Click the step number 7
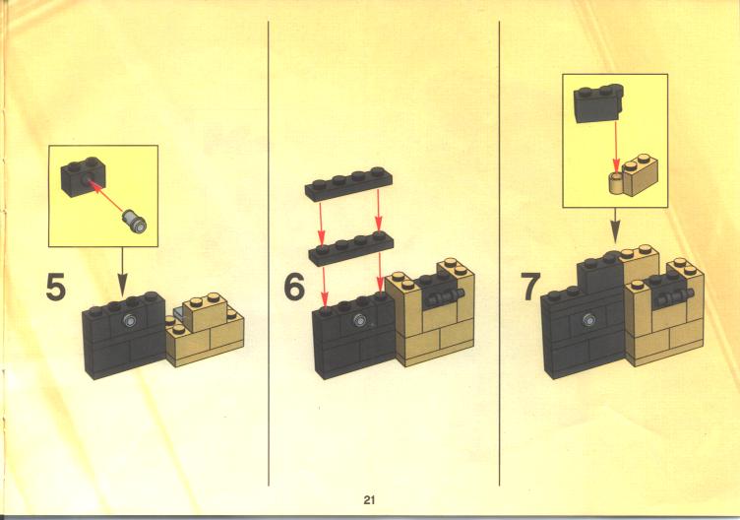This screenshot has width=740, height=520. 530,287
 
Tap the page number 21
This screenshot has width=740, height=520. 369,499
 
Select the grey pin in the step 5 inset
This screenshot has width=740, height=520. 134,221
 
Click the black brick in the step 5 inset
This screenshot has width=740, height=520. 83,177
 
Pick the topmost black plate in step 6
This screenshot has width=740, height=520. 348,183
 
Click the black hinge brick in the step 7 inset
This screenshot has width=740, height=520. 598,103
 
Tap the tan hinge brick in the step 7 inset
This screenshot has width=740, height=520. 633,174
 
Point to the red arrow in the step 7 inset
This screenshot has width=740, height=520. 615,146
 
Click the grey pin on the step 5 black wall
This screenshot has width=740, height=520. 130,321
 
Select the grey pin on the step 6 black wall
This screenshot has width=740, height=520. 360,320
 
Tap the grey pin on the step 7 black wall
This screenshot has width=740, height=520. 588,320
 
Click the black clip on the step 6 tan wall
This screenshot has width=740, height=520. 443,297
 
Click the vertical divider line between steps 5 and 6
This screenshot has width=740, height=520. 269,253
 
